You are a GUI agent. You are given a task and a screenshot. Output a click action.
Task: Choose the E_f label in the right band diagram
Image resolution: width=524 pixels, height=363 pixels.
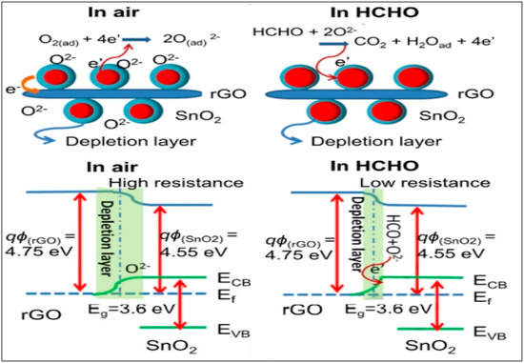click(x=491, y=296)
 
